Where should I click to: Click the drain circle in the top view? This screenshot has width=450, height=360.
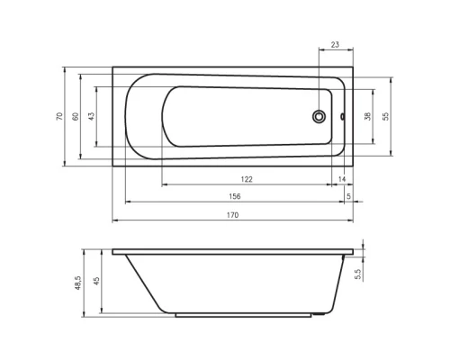click(x=319, y=116)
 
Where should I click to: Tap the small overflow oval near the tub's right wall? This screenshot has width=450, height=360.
click(x=342, y=116)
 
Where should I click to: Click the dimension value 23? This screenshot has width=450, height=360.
click(x=335, y=45)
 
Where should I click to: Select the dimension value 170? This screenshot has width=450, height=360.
click(x=232, y=215)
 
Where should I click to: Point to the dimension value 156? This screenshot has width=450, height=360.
click(x=235, y=196)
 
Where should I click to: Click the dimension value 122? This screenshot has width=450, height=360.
click(x=247, y=179)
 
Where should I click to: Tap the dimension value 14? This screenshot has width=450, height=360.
click(x=342, y=179)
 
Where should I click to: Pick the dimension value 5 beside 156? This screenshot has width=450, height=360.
click(x=348, y=196)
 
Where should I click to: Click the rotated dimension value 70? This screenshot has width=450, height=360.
click(x=59, y=116)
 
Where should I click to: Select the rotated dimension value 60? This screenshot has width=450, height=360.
click(x=76, y=116)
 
